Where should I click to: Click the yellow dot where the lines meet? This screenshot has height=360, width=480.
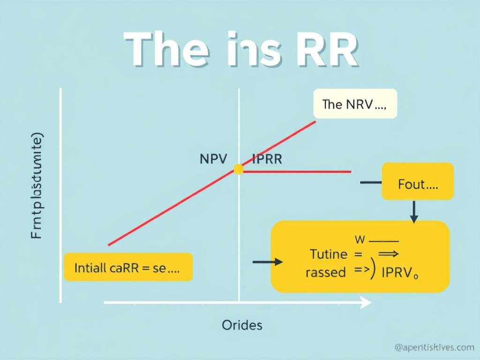239,169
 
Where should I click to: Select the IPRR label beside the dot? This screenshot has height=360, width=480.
267,159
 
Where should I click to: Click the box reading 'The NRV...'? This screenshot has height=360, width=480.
355,104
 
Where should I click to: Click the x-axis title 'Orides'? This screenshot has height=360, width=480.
242,325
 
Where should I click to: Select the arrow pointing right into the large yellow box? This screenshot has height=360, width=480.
268,262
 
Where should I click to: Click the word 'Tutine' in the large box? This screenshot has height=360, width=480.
329,255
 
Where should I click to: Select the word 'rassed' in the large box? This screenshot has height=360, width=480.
325,272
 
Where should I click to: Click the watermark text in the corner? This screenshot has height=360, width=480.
434,347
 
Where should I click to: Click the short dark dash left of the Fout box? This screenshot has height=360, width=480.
370,182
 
